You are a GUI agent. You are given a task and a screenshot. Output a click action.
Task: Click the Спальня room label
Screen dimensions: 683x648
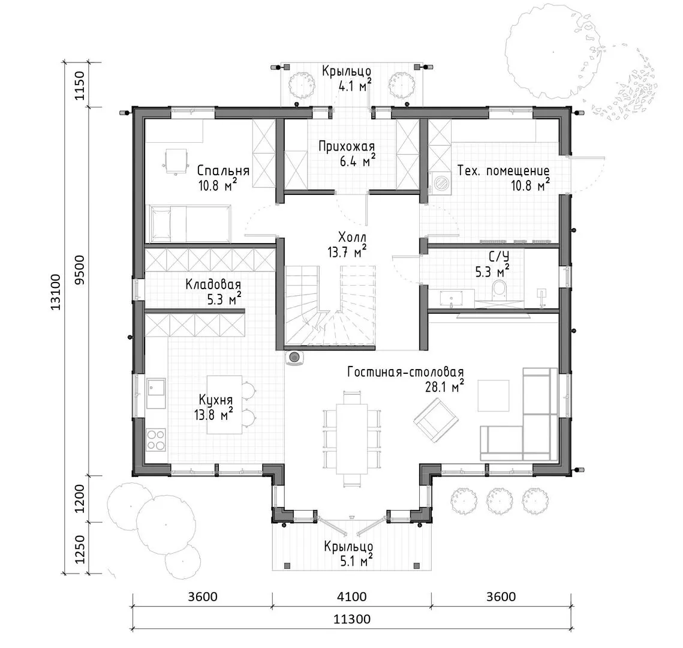click(x=223, y=170)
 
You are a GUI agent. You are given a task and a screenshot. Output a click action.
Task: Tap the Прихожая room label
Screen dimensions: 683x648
click(x=346, y=147)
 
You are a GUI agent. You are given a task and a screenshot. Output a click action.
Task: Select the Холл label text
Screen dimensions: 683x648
click(x=353, y=238)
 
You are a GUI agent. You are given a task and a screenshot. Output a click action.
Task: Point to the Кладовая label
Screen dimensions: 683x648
click(x=213, y=285)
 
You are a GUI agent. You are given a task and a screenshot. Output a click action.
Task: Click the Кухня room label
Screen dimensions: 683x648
click(x=216, y=400)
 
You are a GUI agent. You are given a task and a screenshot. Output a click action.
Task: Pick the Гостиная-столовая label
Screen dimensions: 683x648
click(x=405, y=373)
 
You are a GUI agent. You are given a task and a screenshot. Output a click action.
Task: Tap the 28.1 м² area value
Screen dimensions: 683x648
click(x=444, y=386)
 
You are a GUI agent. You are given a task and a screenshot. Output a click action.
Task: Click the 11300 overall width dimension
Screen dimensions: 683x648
click(x=352, y=619)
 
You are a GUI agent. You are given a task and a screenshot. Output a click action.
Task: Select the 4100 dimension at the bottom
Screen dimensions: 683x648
click(x=352, y=596)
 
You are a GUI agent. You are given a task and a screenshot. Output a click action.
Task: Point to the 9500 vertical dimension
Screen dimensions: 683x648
click(x=82, y=270)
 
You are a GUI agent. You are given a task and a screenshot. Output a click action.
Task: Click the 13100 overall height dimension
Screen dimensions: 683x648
click(x=56, y=292)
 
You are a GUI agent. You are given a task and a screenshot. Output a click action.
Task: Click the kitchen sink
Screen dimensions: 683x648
click(x=156, y=393)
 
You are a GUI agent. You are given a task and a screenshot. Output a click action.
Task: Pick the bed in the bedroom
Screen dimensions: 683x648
click(x=189, y=224)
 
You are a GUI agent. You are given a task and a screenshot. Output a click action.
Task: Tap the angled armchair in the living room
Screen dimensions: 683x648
click(x=436, y=419)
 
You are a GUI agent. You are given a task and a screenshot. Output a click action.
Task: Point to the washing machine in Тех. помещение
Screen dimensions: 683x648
click(x=441, y=182)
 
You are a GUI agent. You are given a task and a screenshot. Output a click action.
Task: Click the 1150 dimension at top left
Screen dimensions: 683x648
click(x=82, y=85)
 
